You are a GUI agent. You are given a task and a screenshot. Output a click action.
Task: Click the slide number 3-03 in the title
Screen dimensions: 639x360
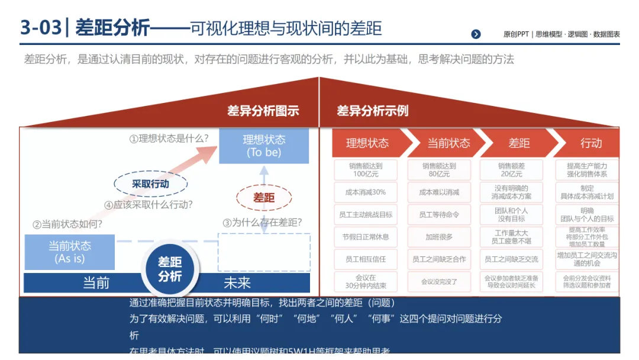pyautogui.click(x=40, y=28)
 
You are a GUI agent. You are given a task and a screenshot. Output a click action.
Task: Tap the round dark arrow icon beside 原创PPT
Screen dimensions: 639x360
pyautogui.click(x=476, y=34)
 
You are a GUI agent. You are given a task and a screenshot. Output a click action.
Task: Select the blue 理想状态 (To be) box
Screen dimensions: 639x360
pyautogui.click(x=264, y=146)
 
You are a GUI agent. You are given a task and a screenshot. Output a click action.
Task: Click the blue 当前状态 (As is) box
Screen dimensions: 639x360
pyautogui.click(x=70, y=252)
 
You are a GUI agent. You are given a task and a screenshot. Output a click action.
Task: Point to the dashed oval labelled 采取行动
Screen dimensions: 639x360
pyautogui.click(x=150, y=184)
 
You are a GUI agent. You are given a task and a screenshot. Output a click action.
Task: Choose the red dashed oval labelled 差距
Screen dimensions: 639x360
pyautogui.click(x=264, y=198)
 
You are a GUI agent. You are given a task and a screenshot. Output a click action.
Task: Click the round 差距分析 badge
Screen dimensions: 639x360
pyautogui.click(x=170, y=269)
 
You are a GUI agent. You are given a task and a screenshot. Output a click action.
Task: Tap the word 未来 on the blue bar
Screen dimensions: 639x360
pyautogui.click(x=237, y=283)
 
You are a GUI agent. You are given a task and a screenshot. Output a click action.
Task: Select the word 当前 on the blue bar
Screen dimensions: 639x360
pyautogui.click(x=96, y=283)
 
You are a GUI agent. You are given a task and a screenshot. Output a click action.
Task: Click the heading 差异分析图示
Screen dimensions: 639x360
pyautogui.click(x=263, y=111)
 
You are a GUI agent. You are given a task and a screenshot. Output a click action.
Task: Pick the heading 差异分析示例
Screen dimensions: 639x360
pyautogui.click(x=372, y=111)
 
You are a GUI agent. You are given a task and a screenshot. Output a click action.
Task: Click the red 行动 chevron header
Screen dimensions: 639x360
pyautogui.click(x=590, y=143)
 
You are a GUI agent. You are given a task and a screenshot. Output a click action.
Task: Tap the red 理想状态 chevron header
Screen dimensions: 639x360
pyautogui.click(x=367, y=143)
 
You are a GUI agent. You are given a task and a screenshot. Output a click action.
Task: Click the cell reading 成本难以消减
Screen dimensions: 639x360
pyautogui.click(x=439, y=192)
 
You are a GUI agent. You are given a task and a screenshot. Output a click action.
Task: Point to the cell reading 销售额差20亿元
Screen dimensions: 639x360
pyautogui.click(x=511, y=170)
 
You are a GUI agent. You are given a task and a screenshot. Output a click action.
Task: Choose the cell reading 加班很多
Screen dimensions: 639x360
pyautogui.click(x=439, y=237)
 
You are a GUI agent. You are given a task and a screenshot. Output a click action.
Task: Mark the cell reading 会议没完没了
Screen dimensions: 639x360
pyautogui.click(x=439, y=281)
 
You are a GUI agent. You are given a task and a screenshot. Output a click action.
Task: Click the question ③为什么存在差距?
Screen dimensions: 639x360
pyautogui.click(x=262, y=223)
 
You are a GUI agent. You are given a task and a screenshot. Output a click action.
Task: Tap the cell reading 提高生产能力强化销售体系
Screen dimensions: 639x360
pyautogui.click(x=586, y=170)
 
